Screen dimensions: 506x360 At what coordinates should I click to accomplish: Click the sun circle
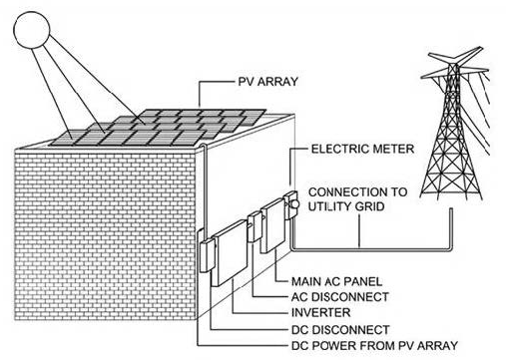pyautogui.click(x=32, y=30)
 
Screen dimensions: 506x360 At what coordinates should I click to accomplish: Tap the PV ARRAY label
pyautogui.click(x=268, y=82)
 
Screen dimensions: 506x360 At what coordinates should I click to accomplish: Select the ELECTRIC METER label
pyautogui.click(x=362, y=149)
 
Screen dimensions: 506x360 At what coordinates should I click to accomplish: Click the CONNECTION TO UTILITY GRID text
pyautogui.click(x=357, y=199)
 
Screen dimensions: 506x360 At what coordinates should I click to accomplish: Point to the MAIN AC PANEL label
pyautogui.click(x=337, y=281)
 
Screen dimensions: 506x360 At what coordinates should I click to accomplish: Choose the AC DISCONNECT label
pyautogui.click(x=340, y=297)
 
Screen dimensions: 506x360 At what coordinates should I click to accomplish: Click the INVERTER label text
pyautogui.click(x=321, y=312)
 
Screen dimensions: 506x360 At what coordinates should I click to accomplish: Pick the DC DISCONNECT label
pyautogui.click(x=340, y=330)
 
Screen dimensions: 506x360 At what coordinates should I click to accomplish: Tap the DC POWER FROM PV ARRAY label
pyautogui.click(x=374, y=345)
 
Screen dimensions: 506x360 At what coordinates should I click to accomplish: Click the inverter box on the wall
pyautogui.click(x=230, y=252)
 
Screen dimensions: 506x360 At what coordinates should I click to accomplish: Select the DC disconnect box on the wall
pyautogui.click(x=208, y=255)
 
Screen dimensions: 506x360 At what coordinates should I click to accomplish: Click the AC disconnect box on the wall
pyautogui.click(x=254, y=226)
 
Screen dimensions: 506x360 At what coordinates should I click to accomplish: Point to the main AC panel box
pyautogui.click(x=272, y=225)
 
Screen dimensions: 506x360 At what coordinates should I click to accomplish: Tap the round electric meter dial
pyautogui.click(x=293, y=203)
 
